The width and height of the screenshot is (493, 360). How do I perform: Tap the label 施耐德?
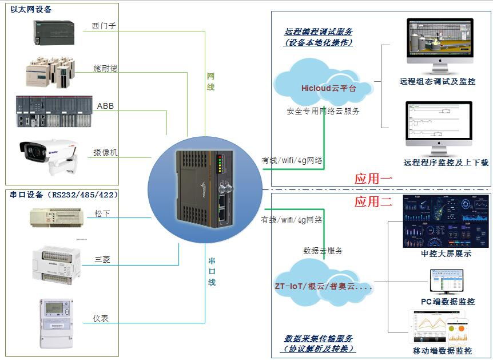tap(105, 68)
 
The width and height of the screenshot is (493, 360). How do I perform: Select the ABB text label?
tap(105, 106)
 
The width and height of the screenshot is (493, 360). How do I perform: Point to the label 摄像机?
tap(105, 152)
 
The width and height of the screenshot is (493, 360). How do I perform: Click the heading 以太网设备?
tap(31, 9)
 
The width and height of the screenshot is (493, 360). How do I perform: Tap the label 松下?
tap(102, 213)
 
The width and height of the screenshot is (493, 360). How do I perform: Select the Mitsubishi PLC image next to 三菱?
tap(55, 262)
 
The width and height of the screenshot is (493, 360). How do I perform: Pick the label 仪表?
tap(101, 318)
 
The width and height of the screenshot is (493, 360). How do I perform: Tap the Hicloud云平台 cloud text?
tap(328, 88)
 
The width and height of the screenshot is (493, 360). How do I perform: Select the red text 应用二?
tap(373, 201)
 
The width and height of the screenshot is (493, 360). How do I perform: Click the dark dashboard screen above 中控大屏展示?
tap(438, 220)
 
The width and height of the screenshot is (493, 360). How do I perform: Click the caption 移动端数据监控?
tap(442, 351)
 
